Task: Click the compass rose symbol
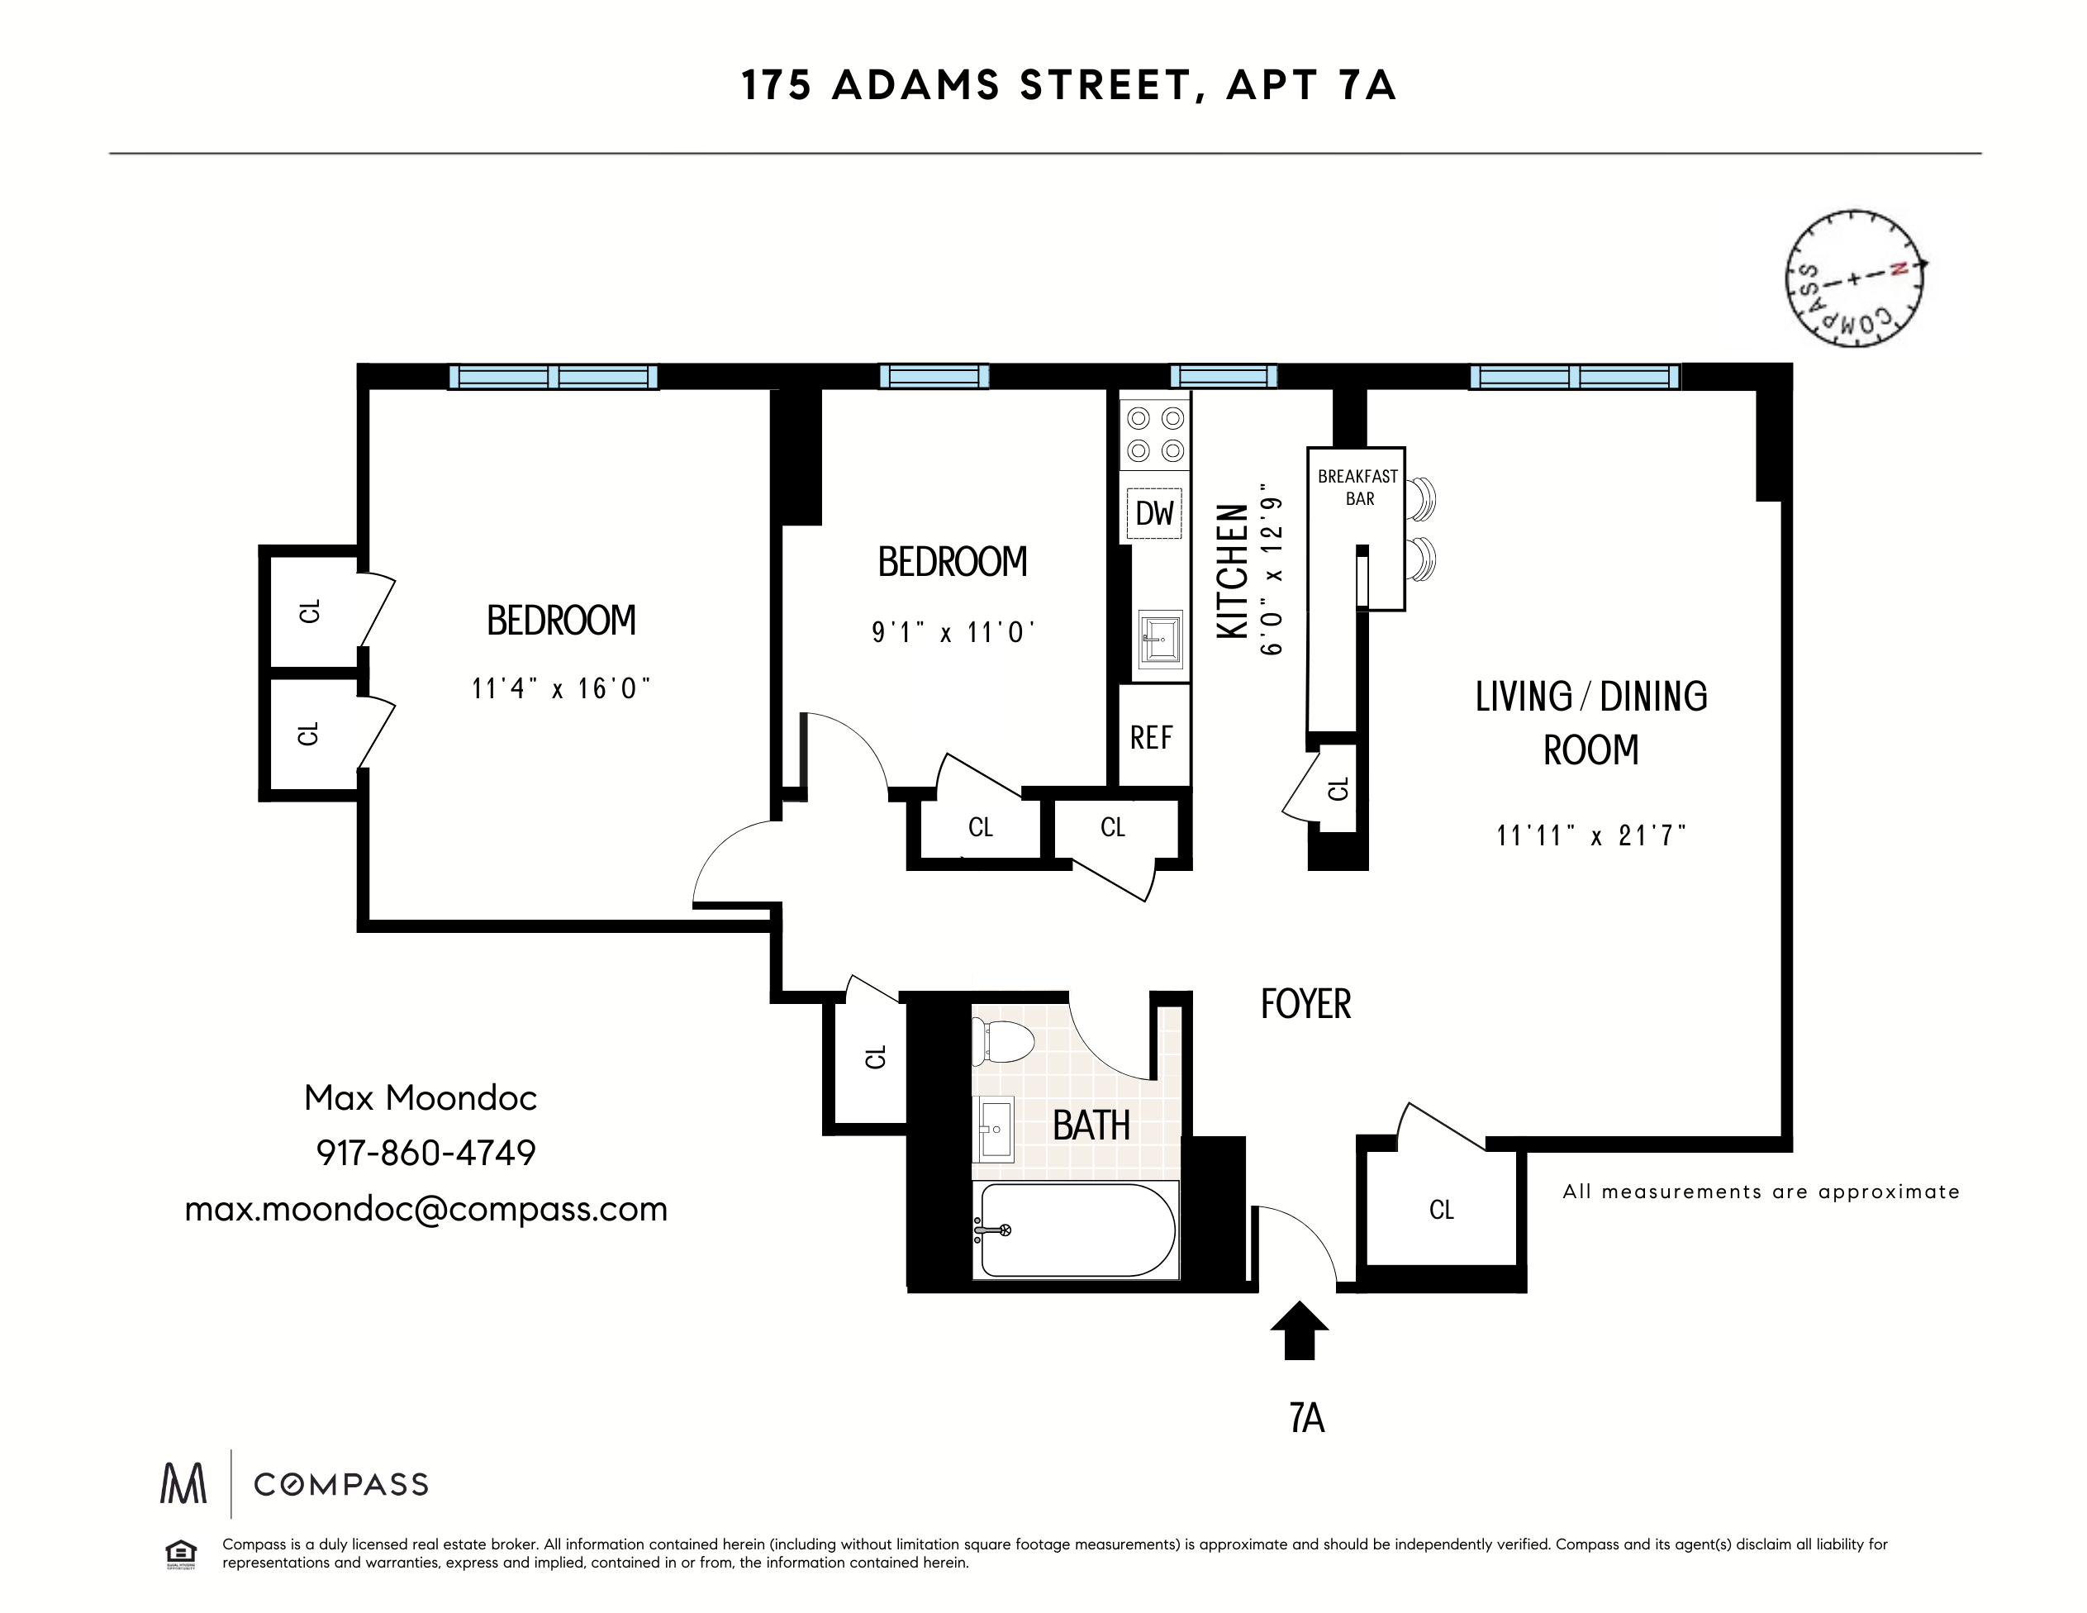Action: [1854, 278]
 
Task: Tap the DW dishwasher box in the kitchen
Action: [1154, 513]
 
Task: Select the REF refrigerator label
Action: [1152, 738]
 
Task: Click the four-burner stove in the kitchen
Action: [1155, 435]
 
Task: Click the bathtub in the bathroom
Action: [1075, 1230]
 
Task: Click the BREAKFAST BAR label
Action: [1358, 488]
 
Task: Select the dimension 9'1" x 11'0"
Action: [953, 633]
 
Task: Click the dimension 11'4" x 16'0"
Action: [561, 688]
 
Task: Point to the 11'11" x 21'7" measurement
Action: [1591, 836]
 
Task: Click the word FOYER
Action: [1305, 1004]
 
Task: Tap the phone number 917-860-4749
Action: [426, 1154]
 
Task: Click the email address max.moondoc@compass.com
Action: [426, 1209]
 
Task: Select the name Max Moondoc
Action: [421, 1098]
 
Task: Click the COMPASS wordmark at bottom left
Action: [340, 1484]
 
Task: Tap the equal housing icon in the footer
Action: [181, 1554]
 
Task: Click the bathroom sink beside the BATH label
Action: [994, 1129]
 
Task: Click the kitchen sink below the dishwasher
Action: [1160, 638]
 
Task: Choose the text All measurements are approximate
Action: [1760, 1192]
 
